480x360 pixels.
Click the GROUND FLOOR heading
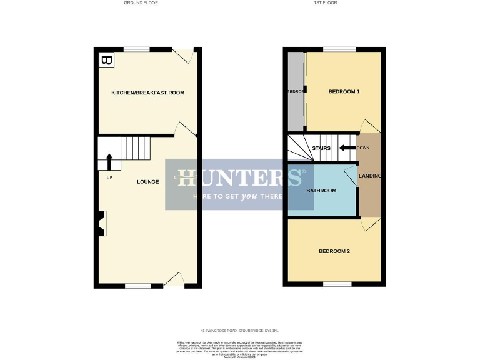click(141, 3)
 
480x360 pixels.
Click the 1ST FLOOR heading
click(325, 3)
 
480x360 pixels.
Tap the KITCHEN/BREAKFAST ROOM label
click(147, 92)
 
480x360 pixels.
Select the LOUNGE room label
click(148, 182)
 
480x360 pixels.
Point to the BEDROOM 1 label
click(344, 92)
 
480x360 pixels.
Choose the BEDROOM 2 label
click(334, 251)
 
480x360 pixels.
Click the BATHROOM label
click(321, 191)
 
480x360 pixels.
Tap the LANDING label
click(369, 176)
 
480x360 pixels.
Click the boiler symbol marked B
click(107, 61)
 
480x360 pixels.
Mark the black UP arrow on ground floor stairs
click(110, 162)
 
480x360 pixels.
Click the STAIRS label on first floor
click(321, 148)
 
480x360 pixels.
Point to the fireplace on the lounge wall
click(100, 223)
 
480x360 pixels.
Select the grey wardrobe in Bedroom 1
click(295, 92)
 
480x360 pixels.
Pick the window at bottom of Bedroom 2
click(337, 284)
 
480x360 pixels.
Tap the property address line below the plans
click(240, 330)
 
